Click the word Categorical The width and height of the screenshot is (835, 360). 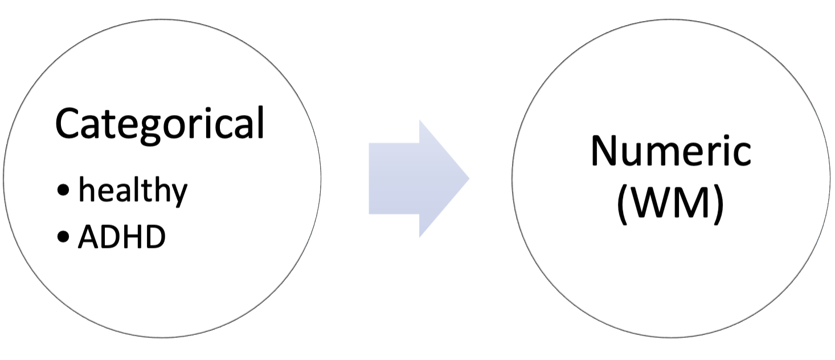pyautogui.click(x=159, y=124)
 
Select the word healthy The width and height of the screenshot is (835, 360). pyautogui.click(x=132, y=190)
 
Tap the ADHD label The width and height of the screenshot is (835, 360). pyautogui.click(x=121, y=238)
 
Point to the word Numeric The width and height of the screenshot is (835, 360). pyautogui.click(x=670, y=152)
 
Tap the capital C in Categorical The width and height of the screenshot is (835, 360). pyautogui.click(x=67, y=124)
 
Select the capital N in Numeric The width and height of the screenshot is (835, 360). pyautogui.click(x=603, y=152)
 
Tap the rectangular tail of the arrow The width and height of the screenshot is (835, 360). pyautogui.click(x=393, y=178)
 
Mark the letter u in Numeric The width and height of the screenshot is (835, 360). pyautogui.click(x=634, y=154)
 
